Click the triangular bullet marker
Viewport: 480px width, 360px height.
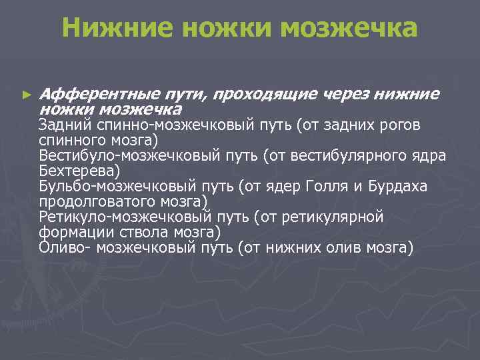point(27,95)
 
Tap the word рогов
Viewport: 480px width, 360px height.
point(419,125)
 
